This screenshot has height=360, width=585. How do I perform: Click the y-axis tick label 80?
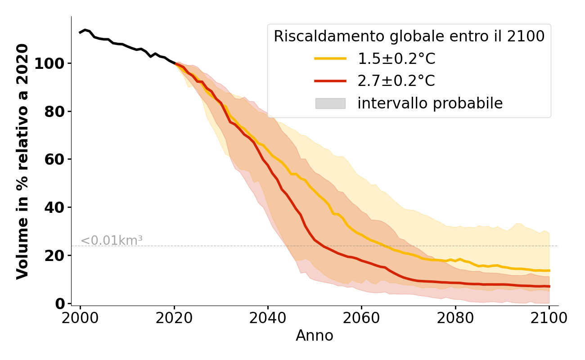[54, 112]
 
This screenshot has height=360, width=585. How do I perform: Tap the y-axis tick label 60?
[54, 159]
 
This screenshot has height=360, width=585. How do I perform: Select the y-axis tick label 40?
[54, 207]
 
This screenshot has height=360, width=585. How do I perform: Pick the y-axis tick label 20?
[54, 256]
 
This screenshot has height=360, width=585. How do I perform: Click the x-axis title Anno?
[315, 336]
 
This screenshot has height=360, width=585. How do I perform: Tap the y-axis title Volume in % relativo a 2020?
[22, 161]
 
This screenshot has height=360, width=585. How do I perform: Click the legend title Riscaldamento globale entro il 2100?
[409, 36]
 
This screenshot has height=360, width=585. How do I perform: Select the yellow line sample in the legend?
[330, 58]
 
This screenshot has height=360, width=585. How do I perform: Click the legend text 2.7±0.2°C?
[396, 81]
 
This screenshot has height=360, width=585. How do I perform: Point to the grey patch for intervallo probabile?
[330, 103]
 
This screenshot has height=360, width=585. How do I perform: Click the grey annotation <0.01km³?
[112, 241]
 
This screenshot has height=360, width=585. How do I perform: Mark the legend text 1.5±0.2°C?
[396, 58]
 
